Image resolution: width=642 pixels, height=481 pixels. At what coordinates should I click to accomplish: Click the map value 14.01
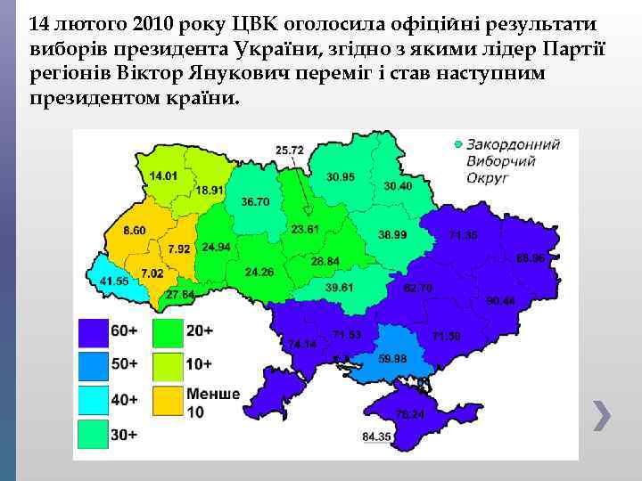(163, 176)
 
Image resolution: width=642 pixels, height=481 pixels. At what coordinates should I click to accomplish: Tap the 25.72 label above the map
(290, 150)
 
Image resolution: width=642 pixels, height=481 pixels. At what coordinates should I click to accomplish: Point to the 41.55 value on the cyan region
(114, 281)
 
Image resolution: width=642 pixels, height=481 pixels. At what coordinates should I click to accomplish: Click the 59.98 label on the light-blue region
(392, 358)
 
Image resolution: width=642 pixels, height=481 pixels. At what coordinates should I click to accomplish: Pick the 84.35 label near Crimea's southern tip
(377, 436)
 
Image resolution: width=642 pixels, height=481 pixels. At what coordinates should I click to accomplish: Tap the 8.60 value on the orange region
(135, 231)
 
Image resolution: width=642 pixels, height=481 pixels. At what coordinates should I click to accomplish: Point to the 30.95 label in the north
(341, 177)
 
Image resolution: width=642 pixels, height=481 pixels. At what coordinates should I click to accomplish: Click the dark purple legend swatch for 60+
(93, 331)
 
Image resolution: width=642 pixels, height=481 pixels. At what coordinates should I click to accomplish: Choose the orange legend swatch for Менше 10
(168, 401)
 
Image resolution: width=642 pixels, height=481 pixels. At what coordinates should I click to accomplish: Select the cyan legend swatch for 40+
(93, 401)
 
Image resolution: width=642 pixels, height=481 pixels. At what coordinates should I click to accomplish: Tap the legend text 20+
(200, 330)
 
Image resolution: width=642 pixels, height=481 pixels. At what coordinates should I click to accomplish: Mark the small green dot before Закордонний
(458, 143)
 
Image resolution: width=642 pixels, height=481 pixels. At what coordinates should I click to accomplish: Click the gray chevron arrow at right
(603, 415)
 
